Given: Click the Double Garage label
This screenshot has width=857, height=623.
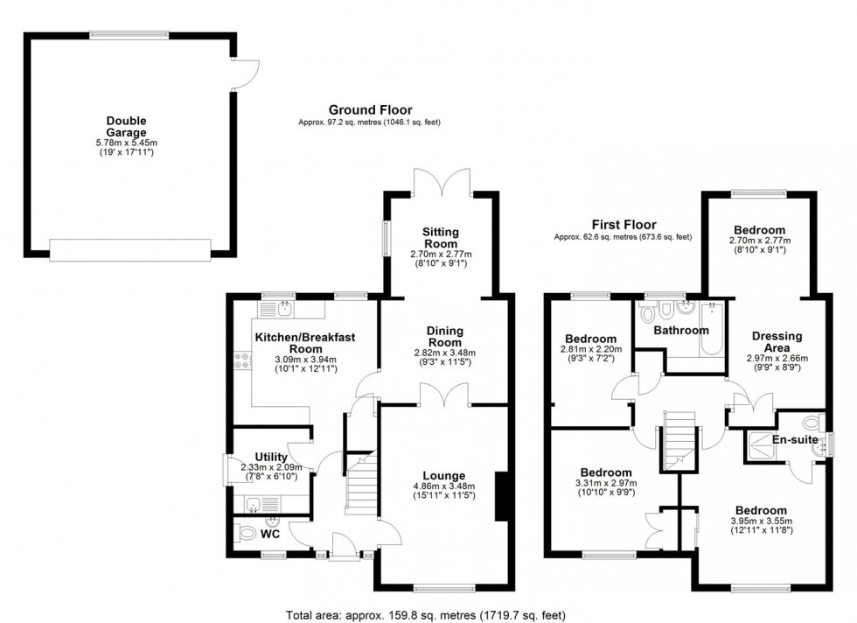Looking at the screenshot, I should (127, 127).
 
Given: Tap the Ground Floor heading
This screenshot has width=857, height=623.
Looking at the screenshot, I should (370, 109).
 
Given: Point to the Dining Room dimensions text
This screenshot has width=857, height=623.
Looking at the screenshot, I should (444, 358).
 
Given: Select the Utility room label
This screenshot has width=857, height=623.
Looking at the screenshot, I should (271, 457).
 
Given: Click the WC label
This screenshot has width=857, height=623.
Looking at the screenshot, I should (270, 532).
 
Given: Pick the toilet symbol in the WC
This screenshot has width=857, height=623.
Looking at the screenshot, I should (245, 531).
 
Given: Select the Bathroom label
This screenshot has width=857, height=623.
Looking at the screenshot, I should (682, 331).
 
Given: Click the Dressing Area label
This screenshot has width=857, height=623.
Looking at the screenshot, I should (777, 341).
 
